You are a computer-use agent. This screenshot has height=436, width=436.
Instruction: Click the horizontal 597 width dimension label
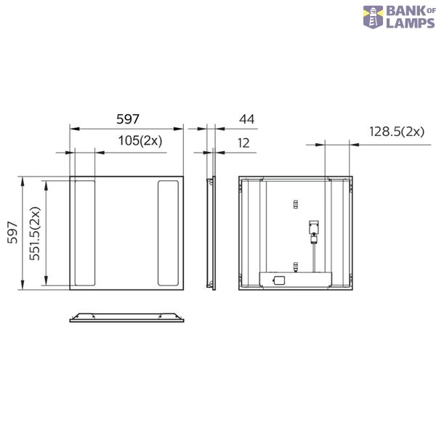click(128, 119)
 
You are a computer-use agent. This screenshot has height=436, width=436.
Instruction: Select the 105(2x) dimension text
click(140, 141)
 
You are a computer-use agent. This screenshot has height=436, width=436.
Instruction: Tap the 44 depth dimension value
click(246, 119)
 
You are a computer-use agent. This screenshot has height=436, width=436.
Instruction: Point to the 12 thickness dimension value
click(243, 143)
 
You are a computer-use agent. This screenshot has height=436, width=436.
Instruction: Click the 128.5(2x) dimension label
click(397, 132)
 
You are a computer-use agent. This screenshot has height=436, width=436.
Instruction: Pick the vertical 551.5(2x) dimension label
click(36, 233)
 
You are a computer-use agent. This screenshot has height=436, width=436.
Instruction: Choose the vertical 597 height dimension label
click(12, 233)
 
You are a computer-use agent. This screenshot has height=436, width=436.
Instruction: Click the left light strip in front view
click(85, 233)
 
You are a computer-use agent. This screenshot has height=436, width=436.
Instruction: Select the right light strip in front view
click(168, 233)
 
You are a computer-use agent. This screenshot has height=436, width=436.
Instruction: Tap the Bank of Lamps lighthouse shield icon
click(373, 17)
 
